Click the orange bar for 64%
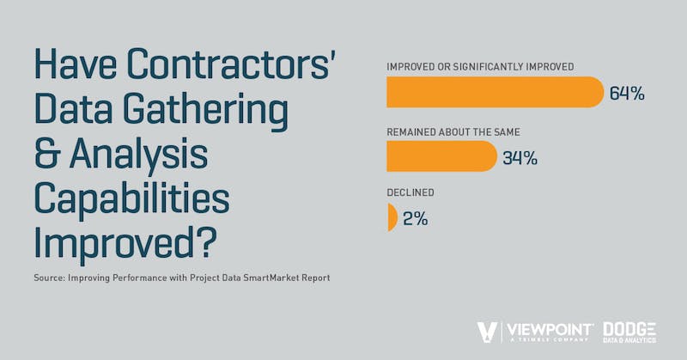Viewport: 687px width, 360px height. click(495, 93)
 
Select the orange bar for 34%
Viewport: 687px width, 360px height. click(441, 156)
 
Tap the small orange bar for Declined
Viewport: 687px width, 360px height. click(392, 217)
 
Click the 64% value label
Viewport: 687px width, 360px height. click(627, 93)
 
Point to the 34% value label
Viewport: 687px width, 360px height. click(520, 157)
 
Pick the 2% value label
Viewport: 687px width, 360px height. click(415, 218)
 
